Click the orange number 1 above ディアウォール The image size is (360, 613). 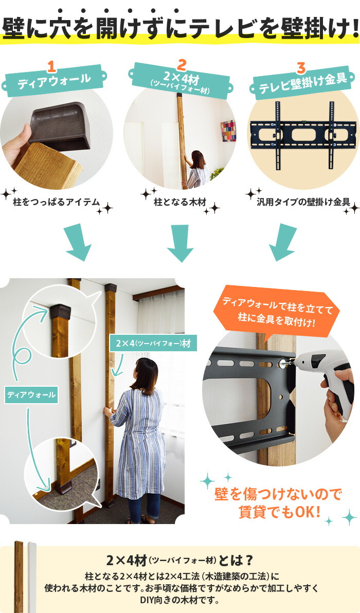pyautogui.click(x=51, y=66)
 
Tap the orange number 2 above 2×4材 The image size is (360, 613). pyautogui.click(x=181, y=64)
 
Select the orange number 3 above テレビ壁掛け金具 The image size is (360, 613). pyautogui.click(x=301, y=67)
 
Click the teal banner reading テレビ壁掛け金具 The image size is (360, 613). pyautogui.click(x=303, y=84)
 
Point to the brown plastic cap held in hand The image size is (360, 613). pyautogui.click(x=60, y=127)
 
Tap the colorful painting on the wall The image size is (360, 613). pyautogui.click(x=228, y=131)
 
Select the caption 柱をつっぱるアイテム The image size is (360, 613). pyautogui.click(x=57, y=202)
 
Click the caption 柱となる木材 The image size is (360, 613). pyautogui.click(x=180, y=202)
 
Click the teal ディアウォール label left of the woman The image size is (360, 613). pyautogui.click(x=31, y=395)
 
